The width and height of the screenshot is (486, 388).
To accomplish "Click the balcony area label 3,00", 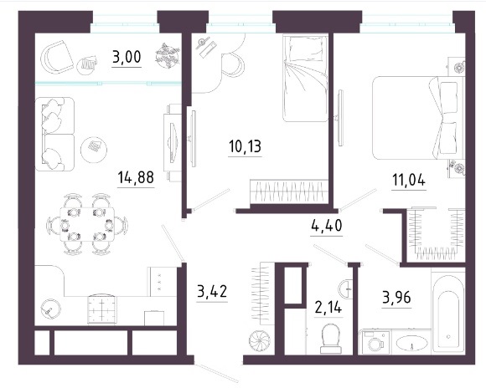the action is point(127,57).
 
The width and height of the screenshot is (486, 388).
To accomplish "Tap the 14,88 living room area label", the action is point(136,177).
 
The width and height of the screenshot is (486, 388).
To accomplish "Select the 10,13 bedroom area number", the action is point(245,146).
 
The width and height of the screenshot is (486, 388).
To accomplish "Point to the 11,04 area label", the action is point(409,180).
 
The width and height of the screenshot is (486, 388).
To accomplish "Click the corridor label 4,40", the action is point(327,226).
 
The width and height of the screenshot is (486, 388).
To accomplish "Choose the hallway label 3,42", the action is point(212,291).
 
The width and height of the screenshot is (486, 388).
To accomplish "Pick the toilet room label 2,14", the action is point(328,308).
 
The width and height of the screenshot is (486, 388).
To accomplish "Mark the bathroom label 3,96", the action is point(396,298).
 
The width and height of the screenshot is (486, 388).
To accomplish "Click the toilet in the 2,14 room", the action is point(331,339).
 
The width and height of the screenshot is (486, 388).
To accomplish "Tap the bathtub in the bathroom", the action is point(448,312).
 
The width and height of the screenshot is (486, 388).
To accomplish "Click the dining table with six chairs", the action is point(87,224).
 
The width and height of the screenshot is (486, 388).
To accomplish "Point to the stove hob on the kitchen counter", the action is point(102,309).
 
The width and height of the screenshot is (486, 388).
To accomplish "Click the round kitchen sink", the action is point(50,309).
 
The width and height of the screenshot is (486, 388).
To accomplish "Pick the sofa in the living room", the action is point(55,134).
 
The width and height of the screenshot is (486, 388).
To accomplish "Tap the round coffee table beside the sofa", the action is point(94,150).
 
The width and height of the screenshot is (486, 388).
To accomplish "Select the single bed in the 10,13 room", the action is point(305,78).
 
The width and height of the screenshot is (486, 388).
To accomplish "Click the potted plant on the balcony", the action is point(168,55).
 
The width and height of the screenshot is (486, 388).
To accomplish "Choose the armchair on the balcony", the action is point(57,57).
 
